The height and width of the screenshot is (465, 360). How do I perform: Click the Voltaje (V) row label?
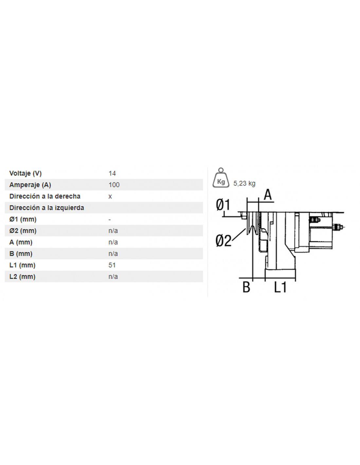25,173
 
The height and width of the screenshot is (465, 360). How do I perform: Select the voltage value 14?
112,173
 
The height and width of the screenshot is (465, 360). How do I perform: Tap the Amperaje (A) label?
30,185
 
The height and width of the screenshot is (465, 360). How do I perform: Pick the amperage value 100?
114,185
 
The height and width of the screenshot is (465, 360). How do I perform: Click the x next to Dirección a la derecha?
110,197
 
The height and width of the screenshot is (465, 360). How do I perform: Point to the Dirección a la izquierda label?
46,208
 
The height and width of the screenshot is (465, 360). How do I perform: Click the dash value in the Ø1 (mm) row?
110,219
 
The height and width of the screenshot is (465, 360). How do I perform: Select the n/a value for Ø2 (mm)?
113,231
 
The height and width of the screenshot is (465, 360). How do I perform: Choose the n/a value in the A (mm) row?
113,242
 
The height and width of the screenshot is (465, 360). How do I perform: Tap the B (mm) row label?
21,253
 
